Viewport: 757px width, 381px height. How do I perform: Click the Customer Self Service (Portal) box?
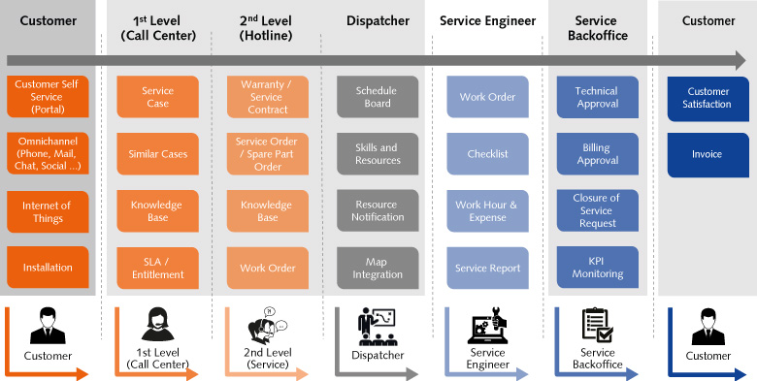[x=48, y=97]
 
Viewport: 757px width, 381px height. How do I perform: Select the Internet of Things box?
[x=48, y=211]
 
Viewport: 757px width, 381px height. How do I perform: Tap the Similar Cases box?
[x=158, y=154]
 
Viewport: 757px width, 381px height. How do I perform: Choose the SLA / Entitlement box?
[x=158, y=268]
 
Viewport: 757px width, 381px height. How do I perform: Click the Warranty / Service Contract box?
[x=267, y=97]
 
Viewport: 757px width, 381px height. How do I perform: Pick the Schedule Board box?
[x=378, y=97]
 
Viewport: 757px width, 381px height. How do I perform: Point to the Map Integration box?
[x=378, y=268]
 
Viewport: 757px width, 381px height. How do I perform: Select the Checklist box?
[x=488, y=154]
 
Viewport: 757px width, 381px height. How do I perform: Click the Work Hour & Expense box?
[x=488, y=211]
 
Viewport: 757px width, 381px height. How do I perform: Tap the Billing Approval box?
[x=597, y=154]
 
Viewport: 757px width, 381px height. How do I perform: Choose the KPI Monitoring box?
[x=597, y=268]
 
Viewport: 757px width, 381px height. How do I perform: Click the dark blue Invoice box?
[x=708, y=154]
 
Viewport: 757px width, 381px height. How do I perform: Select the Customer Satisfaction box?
[x=708, y=97]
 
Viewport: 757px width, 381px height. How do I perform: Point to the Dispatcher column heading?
[x=378, y=20]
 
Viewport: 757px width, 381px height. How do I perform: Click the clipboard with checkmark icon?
[x=597, y=326]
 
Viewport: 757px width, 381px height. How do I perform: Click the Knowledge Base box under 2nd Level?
[x=267, y=211]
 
